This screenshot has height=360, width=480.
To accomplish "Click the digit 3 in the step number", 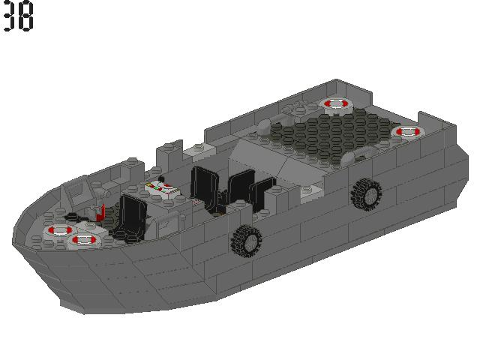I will (x=10, y=16).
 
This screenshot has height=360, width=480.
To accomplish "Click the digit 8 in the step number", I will (x=26, y=16).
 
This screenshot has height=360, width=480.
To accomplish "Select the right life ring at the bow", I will (x=85, y=241).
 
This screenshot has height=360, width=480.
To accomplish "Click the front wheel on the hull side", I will (x=246, y=240).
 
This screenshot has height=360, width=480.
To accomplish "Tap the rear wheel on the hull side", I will (x=365, y=193).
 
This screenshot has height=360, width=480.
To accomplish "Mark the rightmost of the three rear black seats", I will (x=262, y=193).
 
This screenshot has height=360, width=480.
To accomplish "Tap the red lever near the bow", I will (x=99, y=212).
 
